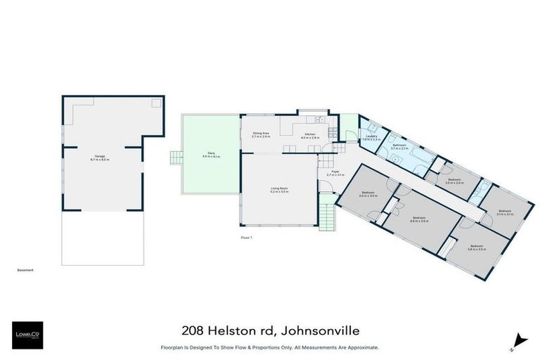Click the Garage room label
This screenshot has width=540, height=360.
[100, 158]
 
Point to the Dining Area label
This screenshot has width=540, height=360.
[261, 134]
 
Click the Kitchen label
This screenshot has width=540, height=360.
[309, 135]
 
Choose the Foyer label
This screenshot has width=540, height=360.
[335, 172]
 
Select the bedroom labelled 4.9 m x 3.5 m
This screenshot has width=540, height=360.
[420, 219]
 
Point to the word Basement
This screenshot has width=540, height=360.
[25, 270]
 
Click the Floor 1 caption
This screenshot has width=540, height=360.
[246, 238]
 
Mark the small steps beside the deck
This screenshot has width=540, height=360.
[179, 156]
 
